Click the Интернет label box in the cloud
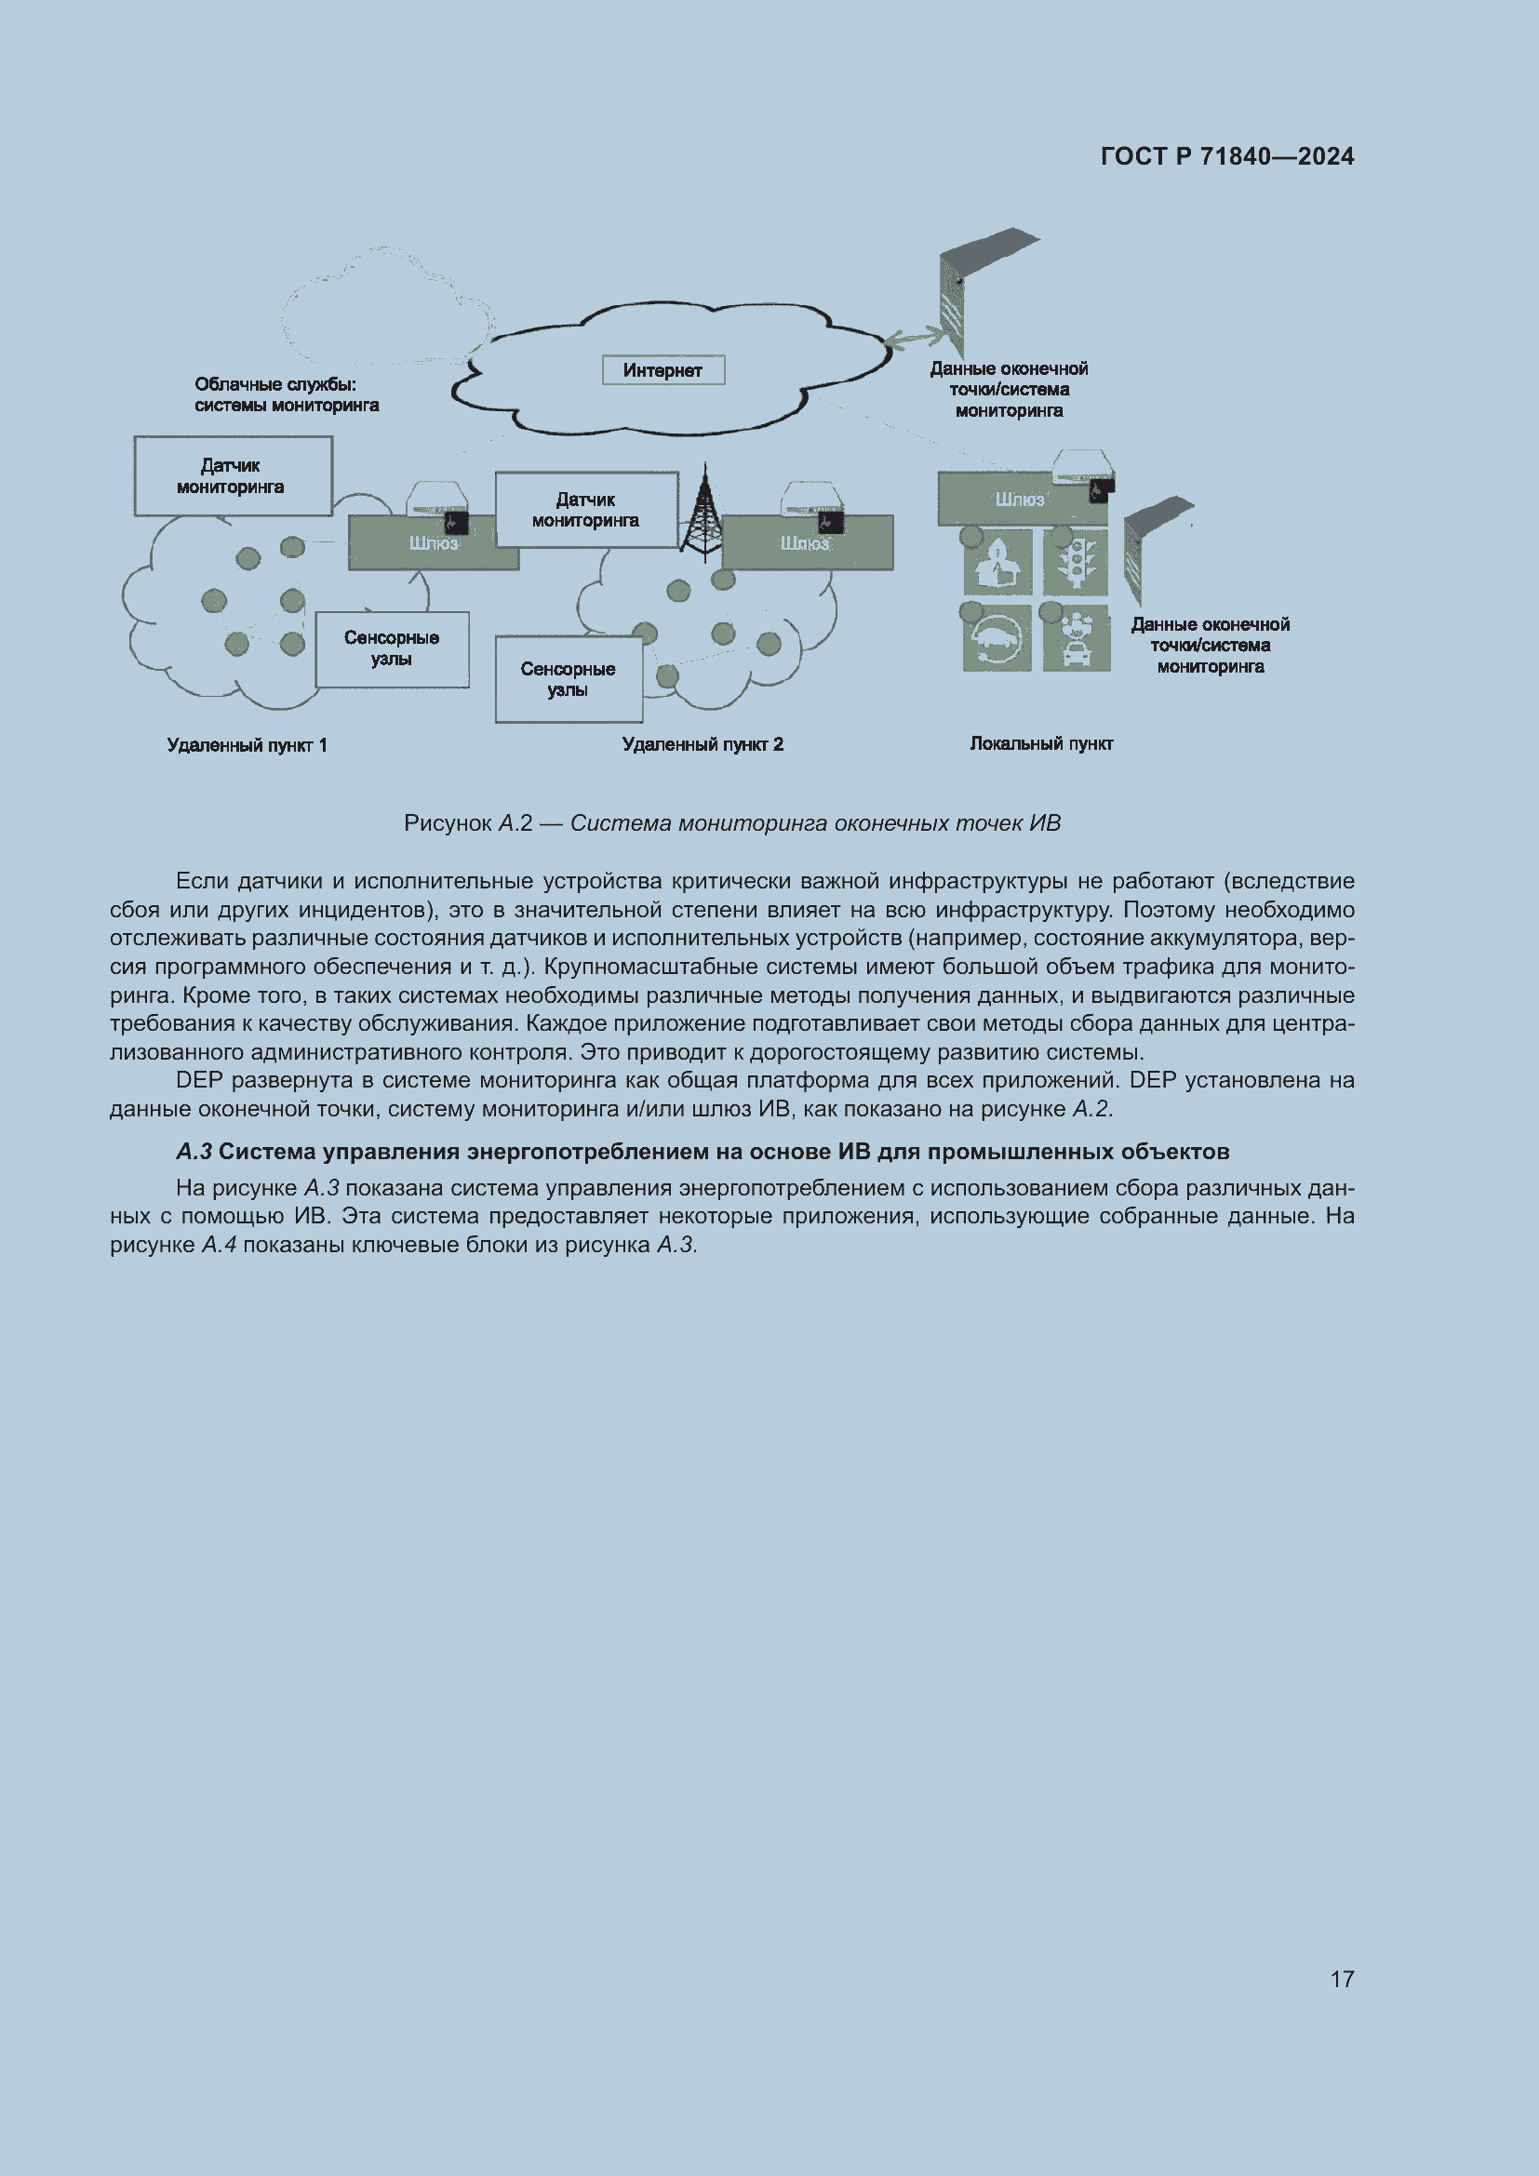(663, 370)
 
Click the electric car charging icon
(997, 639)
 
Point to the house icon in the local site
(997, 562)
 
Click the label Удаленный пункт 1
(247, 745)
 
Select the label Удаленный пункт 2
(703, 744)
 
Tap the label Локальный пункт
(1040, 743)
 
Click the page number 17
(1342, 1979)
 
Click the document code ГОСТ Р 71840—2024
(1227, 156)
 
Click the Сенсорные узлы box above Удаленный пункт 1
(392, 649)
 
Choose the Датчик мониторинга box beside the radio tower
(585, 510)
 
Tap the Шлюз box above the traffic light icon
(1020, 500)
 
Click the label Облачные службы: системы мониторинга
(287, 394)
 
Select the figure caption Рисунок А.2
(731, 822)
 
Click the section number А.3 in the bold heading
(194, 1152)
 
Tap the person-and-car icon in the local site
(1077, 639)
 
